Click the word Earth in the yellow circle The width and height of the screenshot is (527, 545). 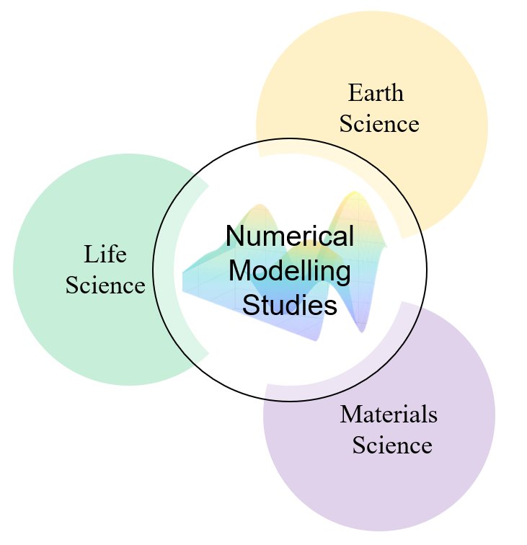(x=376, y=93)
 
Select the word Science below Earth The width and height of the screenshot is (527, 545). (x=379, y=124)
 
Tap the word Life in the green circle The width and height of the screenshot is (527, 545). (x=105, y=254)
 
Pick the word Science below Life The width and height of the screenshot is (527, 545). (x=105, y=285)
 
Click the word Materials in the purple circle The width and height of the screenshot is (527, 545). (x=389, y=415)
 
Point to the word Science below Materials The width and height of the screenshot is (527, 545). (x=392, y=446)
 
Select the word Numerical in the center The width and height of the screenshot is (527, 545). (x=290, y=236)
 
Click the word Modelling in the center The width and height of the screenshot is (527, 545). (x=290, y=272)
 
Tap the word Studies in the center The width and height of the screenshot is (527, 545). (x=290, y=306)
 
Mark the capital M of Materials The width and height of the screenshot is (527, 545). (x=350, y=415)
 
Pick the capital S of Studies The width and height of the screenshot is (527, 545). (x=250, y=306)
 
